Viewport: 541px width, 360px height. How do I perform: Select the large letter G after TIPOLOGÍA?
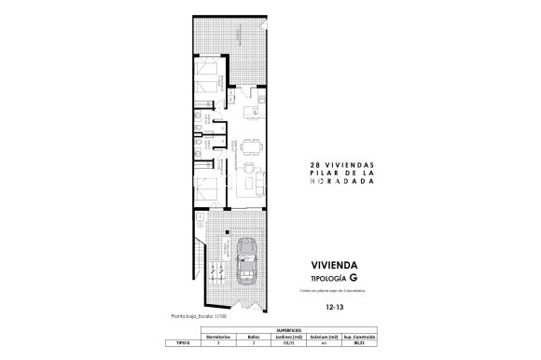[352, 279]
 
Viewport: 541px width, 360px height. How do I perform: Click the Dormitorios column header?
[217, 337]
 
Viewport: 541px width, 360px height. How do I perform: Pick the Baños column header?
[253, 337]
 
